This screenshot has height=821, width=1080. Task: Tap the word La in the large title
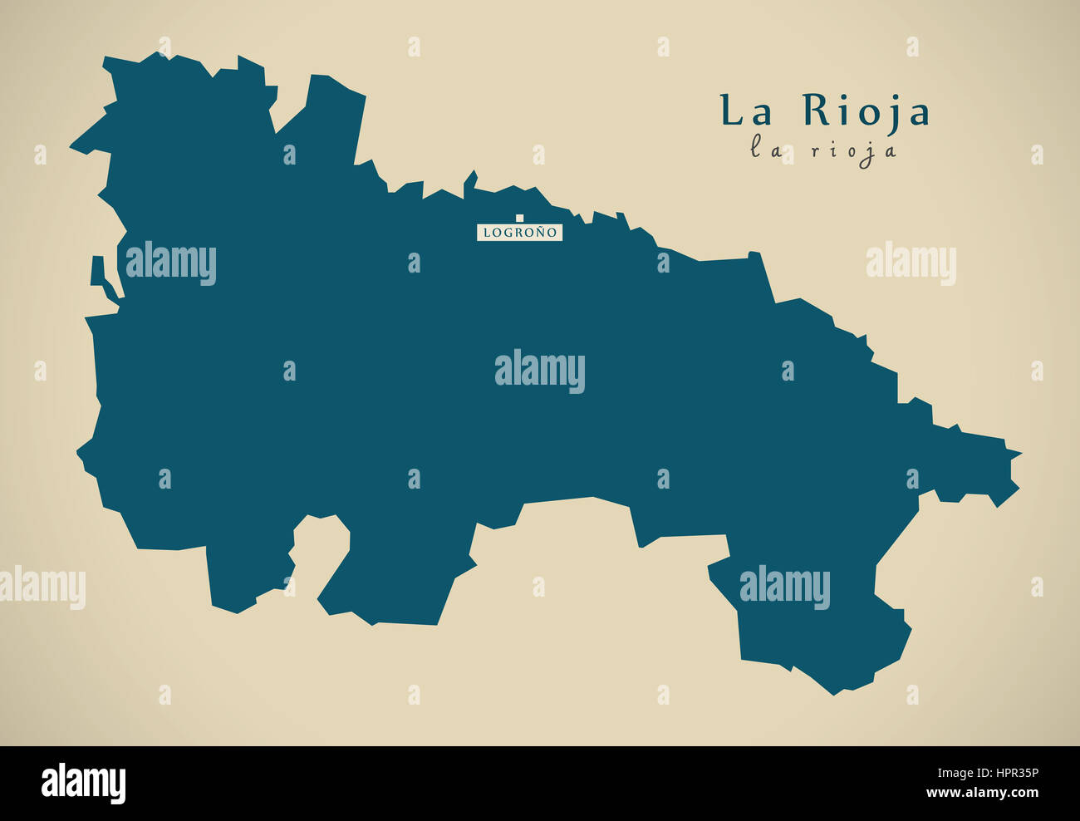click(x=745, y=111)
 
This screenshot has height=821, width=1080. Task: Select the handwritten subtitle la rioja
click(x=823, y=150)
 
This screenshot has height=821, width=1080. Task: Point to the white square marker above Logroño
click(x=520, y=219)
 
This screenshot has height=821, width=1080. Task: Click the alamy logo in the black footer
click(x=83, y=783)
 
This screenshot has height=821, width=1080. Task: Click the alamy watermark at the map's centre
click(x=540, y=371)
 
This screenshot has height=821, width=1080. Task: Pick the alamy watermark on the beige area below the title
click(x=911, y=263)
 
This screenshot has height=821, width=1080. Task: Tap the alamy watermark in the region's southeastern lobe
click(x=784, y=587)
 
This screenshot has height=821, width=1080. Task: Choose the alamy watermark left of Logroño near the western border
click(x=170, y=263)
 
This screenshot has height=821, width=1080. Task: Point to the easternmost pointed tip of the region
click(x=1019, y=454)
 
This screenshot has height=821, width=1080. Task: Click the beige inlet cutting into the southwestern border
click(x=320, y=548)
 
